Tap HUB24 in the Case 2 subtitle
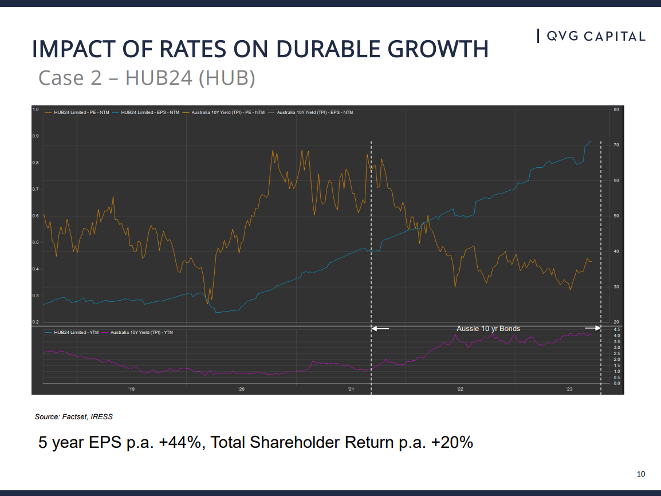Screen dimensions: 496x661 159,77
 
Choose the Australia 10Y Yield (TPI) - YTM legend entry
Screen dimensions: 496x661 137,332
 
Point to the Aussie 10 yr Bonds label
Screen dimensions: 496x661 488,329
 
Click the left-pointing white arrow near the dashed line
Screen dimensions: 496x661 380,329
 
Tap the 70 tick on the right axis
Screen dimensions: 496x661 616,145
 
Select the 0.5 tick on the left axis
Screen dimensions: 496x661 36,242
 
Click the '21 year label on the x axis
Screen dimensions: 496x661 351,389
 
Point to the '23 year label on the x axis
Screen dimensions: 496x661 569,389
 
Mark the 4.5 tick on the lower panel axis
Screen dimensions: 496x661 616,330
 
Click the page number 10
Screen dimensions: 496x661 641,474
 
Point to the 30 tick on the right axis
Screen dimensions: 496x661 616,286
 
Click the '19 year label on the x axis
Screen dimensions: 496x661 131,389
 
